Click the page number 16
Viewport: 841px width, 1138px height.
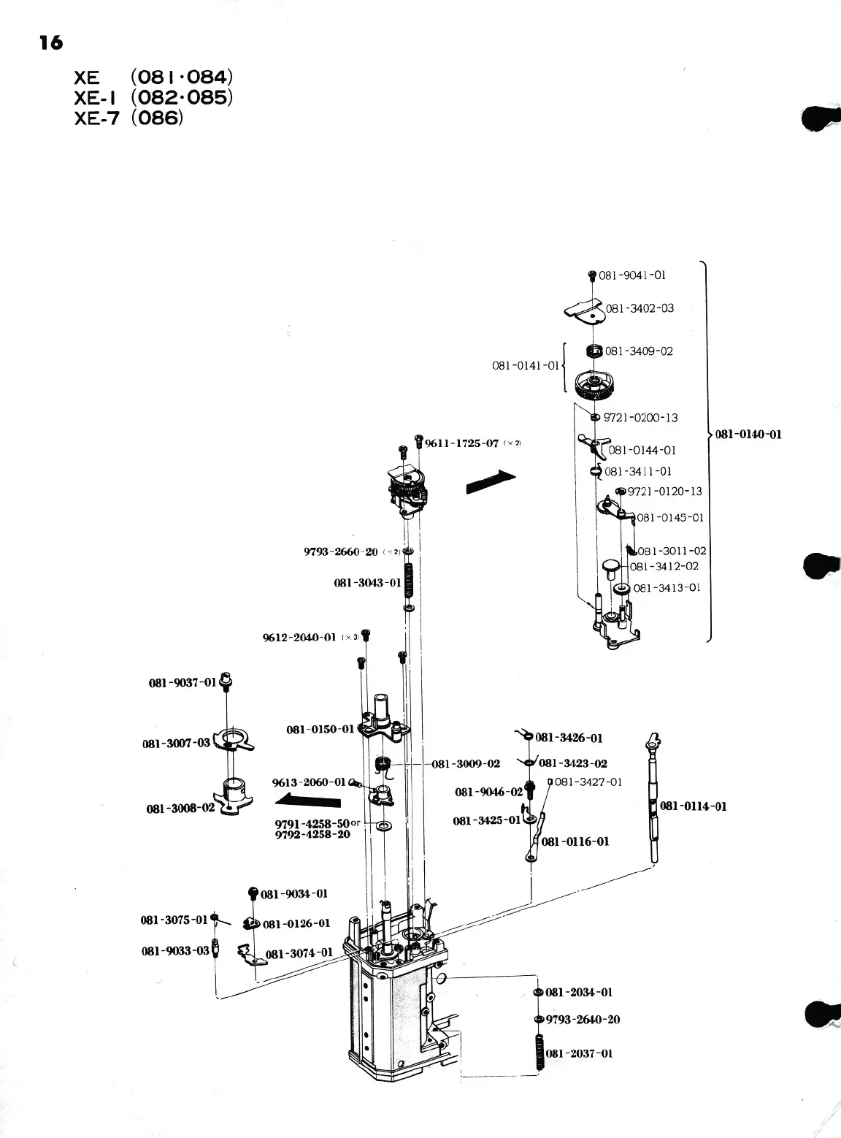(x=52, y=43)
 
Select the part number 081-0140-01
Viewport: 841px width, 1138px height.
(x=748, y=435)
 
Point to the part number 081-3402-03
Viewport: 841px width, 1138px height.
(x=640, y=308)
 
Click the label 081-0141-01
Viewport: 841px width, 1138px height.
(x=526, y=365)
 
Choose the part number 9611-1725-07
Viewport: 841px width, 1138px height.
(x=461, y=443)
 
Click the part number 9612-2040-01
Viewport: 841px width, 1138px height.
(x=299, y=638)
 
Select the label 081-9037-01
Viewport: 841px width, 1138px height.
(x=183, y=682)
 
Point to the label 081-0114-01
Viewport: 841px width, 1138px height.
(x=694, y=806)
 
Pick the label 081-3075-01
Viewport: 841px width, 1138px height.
(x=174, y=920)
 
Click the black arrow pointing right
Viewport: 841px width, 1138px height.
(x=491, y=483)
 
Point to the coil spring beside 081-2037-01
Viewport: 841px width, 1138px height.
(x=539, y=1053)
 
